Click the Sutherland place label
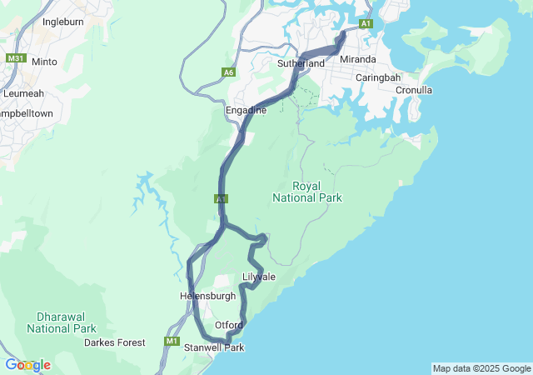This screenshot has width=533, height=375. click(x=301, y=63)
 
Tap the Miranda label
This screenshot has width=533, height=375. click(x=358, y=60)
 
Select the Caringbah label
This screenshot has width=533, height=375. click(x=378, y=77)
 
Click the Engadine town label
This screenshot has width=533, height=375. click(x=246, y=110)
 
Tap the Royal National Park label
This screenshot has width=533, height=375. click(x=306, y=192)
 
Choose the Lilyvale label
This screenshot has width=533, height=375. click(x=258, y=277)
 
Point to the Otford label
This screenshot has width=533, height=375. click(x=228, y=325)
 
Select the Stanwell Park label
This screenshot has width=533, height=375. click(x=214, y=347)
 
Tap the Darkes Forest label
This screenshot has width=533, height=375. click(x=114, y=342)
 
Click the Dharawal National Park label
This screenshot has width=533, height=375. click(x=67, y=322)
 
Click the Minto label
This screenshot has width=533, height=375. click(x=44, y=62)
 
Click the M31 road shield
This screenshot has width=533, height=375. click(x=15, y=59)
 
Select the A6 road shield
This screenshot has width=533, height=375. click(x=229, y=72)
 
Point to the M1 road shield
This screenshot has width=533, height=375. click(x=172, y=341)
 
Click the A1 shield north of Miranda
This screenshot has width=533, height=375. click(x=366, y=24)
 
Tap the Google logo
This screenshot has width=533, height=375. click(x=27, y=365)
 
